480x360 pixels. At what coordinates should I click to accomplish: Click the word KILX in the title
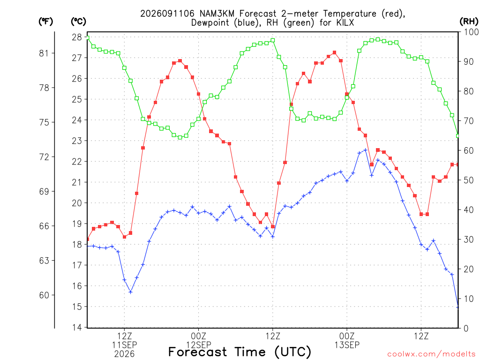[x=345, y=22]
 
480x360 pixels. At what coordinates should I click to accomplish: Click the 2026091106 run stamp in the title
[x=167, y=14]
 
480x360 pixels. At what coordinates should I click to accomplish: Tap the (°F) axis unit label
[x=45, y=22]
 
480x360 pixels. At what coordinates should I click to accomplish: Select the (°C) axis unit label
[x=78, y=22]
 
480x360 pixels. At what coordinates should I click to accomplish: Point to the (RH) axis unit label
[x=469, y=22]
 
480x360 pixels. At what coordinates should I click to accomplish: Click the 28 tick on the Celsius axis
[x=77, y=37]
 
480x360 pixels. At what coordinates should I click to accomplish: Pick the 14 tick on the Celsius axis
[x=77, y=327]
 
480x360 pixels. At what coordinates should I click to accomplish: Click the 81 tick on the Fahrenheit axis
[x=44, y=53]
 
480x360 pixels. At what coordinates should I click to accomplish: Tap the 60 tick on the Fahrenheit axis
[x=44, y=295]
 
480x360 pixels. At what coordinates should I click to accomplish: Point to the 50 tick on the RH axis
[x=469, y=180]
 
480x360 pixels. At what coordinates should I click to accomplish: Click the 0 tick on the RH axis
[x=466, y=328]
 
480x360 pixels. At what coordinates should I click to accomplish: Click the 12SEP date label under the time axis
[x=199, y=345]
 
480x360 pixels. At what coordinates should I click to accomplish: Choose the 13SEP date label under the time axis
[x=347, y=345]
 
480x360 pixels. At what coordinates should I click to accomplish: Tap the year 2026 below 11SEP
[x=124, y=354]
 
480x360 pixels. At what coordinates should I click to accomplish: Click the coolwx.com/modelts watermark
[x=431, y=354]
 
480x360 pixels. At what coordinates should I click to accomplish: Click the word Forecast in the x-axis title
[x=198, y=352]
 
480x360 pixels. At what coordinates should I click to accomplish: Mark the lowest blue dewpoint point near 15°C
[x=458, y=307]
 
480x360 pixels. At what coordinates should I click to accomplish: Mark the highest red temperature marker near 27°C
[x=335, y=52]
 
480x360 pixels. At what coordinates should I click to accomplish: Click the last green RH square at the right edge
[x=458, y=136]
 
